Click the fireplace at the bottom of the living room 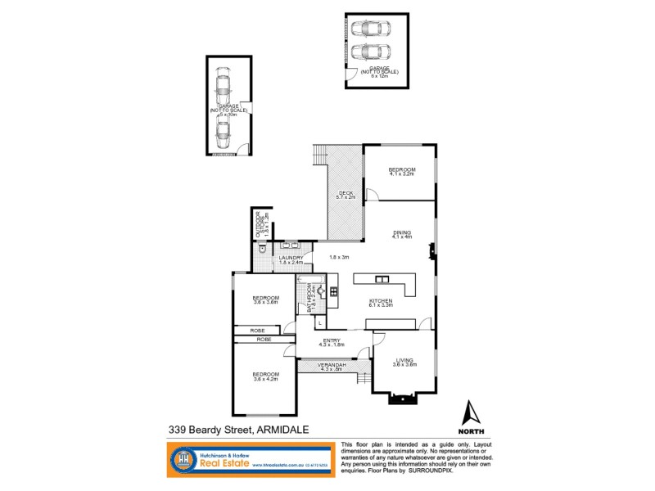pos(403,399)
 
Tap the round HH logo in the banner pos(183,460)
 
